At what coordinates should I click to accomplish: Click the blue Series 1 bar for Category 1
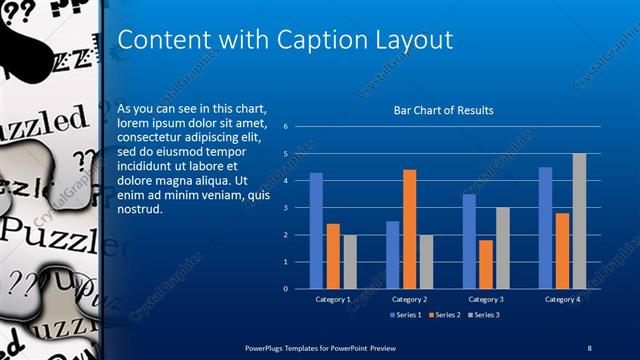click(316, 231)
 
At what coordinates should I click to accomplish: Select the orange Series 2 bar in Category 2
click(409, 229)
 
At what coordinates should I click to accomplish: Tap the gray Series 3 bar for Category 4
click(579, 221)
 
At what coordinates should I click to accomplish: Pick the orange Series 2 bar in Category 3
click(486, 264)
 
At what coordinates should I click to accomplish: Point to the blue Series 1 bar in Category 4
click(545, 228)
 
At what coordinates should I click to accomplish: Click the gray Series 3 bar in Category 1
click(349, 262)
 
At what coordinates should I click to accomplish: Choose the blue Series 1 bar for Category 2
click(393, 255)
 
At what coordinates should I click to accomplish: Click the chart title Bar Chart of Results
click(444, 111)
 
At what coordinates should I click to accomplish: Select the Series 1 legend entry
click(405, 315)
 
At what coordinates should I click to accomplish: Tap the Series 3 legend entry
click(483, 315)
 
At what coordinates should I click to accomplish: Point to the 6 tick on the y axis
click(286, 127)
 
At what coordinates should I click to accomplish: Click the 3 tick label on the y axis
click(286, 208)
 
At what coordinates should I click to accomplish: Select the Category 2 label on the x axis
click(409, 299)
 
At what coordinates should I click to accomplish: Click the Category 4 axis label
click(562, 299)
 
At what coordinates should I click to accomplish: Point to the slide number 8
click(589, 347)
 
